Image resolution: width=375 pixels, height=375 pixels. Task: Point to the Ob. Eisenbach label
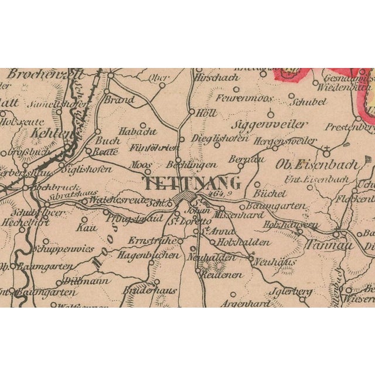click(319, 164)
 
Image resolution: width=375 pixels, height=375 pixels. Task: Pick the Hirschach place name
click(217, 77)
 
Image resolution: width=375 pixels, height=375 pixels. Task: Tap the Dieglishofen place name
click(213, 139)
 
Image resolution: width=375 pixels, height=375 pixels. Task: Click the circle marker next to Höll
click(191, 112)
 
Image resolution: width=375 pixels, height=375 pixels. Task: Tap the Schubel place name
click(307, 101)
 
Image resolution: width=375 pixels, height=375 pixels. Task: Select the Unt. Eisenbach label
click(316, 179)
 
